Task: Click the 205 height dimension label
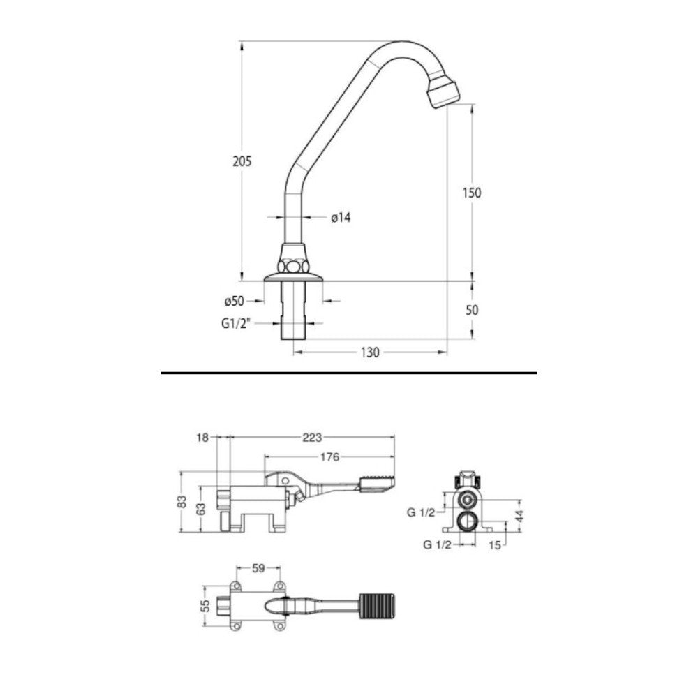pos(242,161)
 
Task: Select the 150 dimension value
pos(473,193)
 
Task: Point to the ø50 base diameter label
pos(234,302)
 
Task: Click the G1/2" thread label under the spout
pos(237,324)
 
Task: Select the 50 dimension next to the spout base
pos(472,311)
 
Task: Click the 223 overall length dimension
pos(312,438)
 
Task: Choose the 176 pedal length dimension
pos(329,458)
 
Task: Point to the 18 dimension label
pos(203,438)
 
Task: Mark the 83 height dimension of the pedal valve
pos(181,502)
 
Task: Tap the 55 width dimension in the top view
pos(205,604)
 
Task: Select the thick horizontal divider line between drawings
pos(349,373)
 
